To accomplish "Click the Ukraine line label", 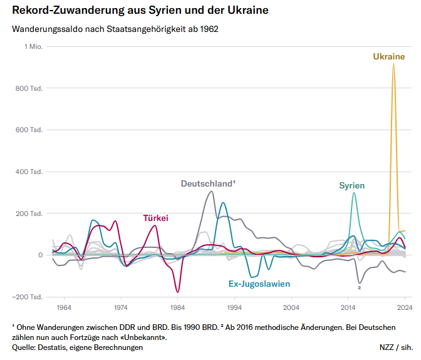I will coord(388,57).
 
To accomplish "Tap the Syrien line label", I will coord(351,186).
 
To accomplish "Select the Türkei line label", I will coord(156,218).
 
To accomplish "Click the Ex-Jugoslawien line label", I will coord(259,284).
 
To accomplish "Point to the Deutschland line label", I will coord(208,184).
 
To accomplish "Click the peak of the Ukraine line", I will coord(393,64).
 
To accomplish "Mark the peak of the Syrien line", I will coord(355,193).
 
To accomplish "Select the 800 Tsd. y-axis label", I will coord(29,88).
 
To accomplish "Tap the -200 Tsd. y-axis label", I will coord(28,297).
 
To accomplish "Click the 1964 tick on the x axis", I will coord(63,307).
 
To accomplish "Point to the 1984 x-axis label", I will coord(177,307).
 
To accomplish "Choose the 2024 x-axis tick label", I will coord(405,307).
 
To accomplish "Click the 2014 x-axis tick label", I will coord(348,307).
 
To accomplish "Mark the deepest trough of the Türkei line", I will coord(178,292).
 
